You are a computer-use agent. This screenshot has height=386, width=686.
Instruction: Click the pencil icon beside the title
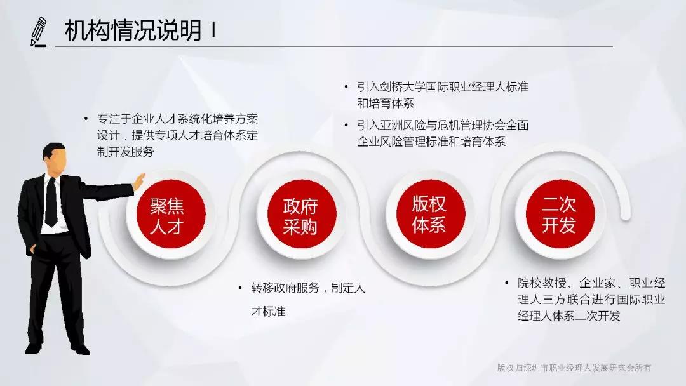[39, 31]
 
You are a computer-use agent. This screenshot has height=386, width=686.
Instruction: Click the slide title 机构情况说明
[133, 30]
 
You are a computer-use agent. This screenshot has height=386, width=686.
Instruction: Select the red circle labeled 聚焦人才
[171, 214]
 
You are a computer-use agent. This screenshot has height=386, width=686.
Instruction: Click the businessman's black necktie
[51, 202]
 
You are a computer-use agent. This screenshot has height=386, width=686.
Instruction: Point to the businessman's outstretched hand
[139, 182]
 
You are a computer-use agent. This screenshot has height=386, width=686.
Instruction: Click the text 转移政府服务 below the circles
[285, 288]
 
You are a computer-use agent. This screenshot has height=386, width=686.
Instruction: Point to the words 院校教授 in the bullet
[542, 283]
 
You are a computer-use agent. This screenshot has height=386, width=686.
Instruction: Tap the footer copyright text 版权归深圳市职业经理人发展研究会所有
[574, 368]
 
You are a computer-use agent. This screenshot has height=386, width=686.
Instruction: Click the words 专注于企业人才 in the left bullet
[137, 119]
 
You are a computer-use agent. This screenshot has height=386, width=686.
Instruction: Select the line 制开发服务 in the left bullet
[126, 152]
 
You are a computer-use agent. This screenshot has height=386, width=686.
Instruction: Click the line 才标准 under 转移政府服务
[268, 311]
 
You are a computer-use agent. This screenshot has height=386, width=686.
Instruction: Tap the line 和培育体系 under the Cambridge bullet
[386, 103]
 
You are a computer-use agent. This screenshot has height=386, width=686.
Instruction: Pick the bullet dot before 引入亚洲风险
[347, 126]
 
